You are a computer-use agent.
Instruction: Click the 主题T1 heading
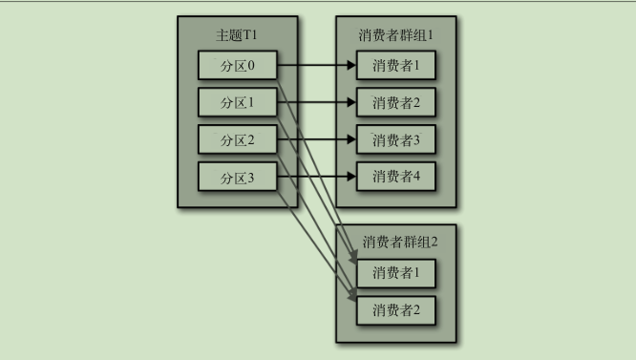[236, 36]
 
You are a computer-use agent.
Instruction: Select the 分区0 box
[236, 66]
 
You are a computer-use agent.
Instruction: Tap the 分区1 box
[236, 103]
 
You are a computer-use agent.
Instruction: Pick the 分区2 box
[236, 140]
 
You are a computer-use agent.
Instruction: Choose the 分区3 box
[236, 178]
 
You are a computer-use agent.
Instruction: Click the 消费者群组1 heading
[395, 36]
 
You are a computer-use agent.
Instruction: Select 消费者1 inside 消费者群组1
[395, 67]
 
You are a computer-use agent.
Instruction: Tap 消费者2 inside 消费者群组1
[395, 103]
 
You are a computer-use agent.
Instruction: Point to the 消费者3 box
[395, 140]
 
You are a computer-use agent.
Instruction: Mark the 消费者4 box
[395, 177]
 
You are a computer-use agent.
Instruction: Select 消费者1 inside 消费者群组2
[395, 273]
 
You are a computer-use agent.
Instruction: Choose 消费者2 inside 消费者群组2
[395, 309]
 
